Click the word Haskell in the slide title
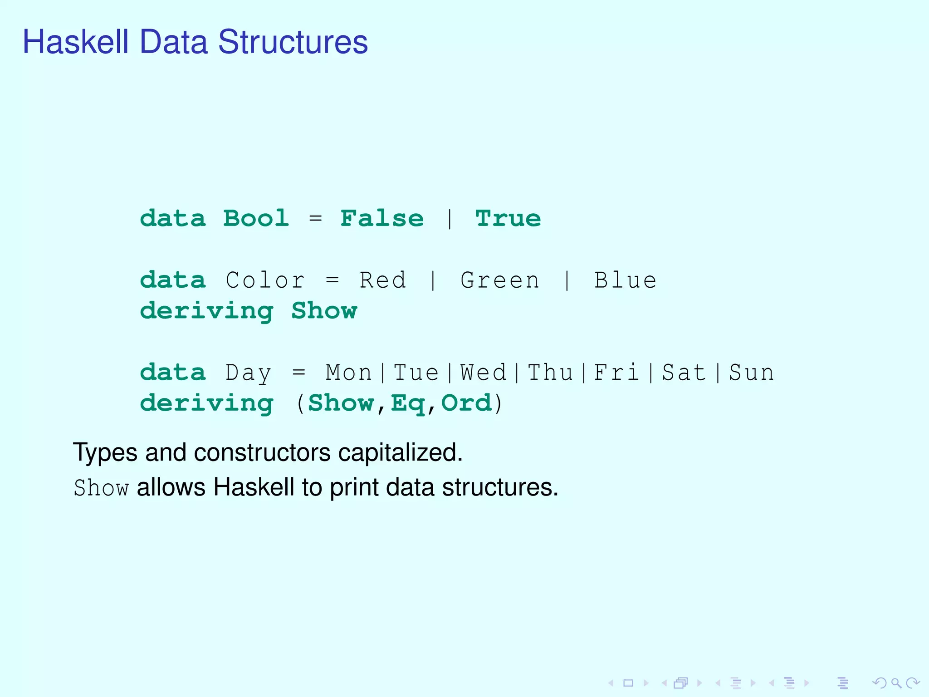click(x=76, y=42)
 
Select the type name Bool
click(x=256, y=219)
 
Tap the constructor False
click(x=382, y=219)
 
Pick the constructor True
click(x=508, y=219)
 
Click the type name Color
click(x=265, y=280)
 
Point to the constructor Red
click(x=382, y=280)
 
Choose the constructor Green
click(x=500, y=280)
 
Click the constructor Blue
click(x=625, y=280)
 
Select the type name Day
click(x=248, y=373)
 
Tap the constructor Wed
click(x=483, y=373)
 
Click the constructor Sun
click(x=751, y=373)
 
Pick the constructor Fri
click(x=617, y=373)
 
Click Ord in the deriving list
click(x=466, y=403)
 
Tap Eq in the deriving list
click(x=408, y=403)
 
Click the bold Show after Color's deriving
click(x=324, y=311)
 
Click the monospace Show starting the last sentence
click(x=101, y=488)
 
